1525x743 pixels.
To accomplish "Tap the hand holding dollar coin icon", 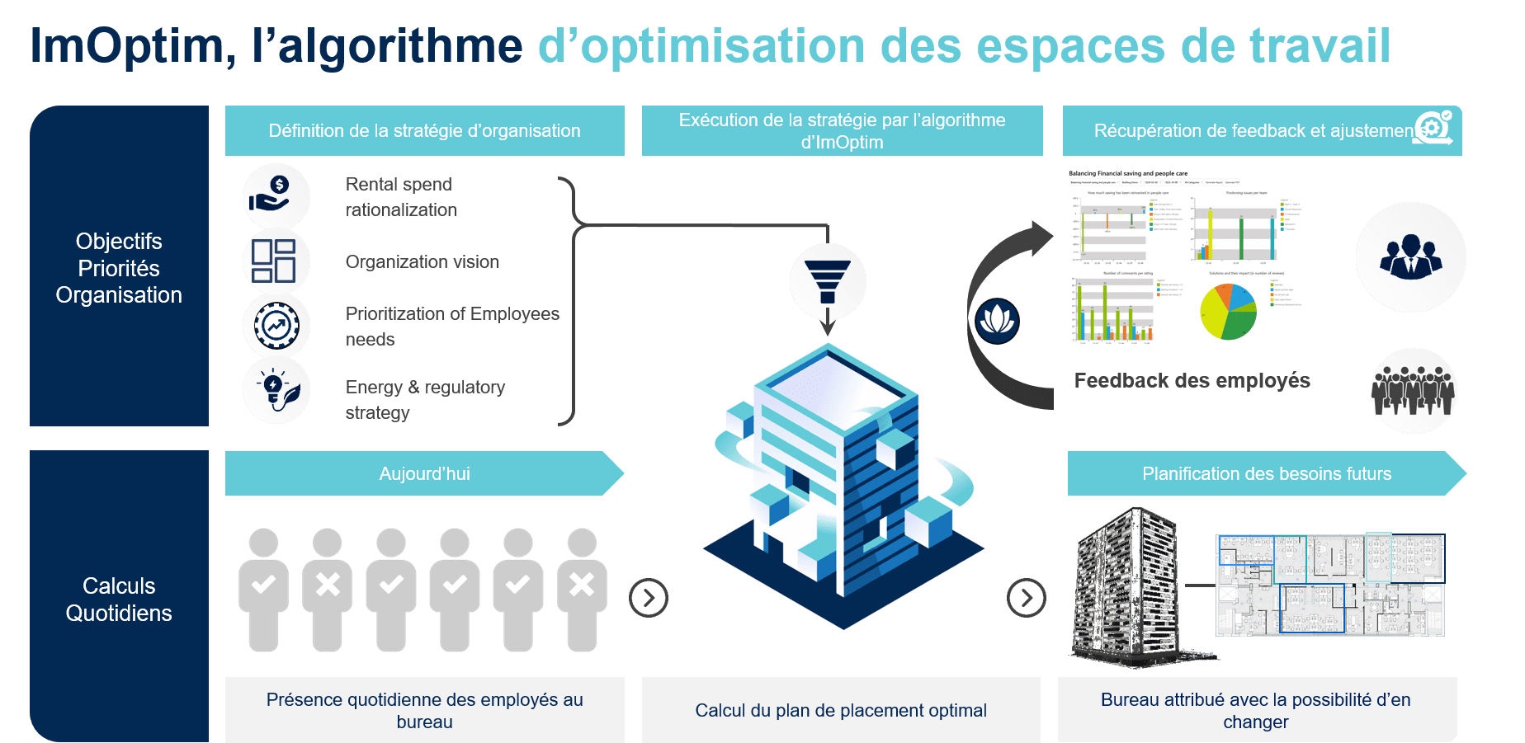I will coord(276,196).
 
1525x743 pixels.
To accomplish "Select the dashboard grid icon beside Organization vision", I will coord(275,261).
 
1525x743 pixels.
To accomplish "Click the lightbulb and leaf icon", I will coord(276,390).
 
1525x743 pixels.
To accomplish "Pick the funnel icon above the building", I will coord(828,281).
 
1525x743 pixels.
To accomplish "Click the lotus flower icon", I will coord(997,321).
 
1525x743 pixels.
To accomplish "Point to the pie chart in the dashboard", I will coord(1228,311).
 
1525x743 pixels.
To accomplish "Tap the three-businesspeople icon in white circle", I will coord(1410,257).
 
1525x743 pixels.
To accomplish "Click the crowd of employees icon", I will coord(1414,391).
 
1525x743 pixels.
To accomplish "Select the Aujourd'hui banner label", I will coord(424,473).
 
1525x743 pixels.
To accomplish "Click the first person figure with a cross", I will coord(328,590).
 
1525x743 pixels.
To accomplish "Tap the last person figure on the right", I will coord(582,590).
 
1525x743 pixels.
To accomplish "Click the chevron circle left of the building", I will coord(649,598).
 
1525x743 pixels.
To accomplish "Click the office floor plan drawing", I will coord(1330,584).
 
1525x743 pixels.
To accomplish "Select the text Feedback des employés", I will coord(1192,380).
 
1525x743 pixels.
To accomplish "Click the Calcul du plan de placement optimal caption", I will coord(840,710).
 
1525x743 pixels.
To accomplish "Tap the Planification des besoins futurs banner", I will coord(1266,473).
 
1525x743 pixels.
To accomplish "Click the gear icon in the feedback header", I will coord(1433,128).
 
